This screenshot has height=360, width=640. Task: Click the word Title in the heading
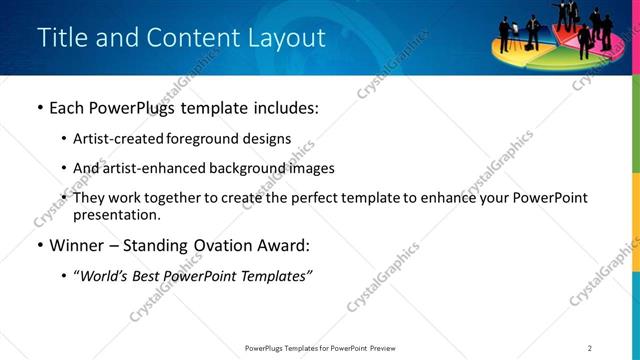coord(60,38)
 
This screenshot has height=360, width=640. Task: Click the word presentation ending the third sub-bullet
coord(115,215)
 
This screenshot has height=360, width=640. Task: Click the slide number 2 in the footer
coord(590,348)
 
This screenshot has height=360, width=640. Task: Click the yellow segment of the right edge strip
coord(635,240)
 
